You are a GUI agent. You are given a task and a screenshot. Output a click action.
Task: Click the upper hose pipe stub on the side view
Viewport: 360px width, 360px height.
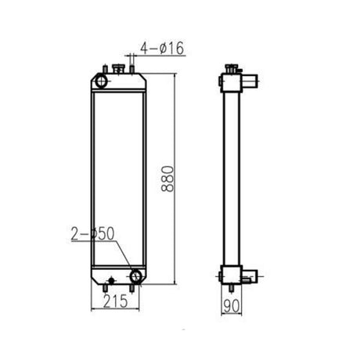click(250, 81)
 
